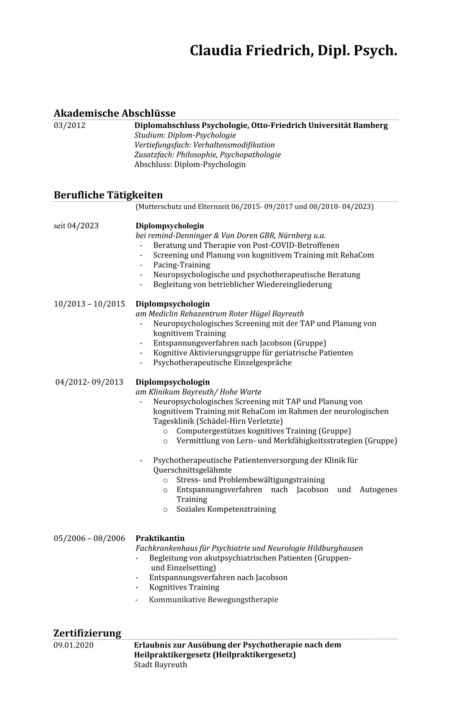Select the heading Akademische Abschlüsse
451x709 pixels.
point(115,113)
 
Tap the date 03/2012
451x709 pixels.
point(69,125)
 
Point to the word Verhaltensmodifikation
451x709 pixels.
point(234,145)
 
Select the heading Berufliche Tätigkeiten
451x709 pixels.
point(108,195)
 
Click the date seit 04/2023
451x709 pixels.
point(76,226)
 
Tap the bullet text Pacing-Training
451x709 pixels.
point(181,265)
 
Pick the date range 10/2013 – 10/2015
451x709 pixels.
point(89,304)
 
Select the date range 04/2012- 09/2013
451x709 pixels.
point(89,382)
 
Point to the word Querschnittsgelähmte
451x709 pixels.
point(192,470)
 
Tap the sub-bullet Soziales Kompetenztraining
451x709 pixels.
point(226,509)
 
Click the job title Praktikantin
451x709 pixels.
point(160,538)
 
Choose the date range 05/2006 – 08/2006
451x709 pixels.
point(89,538)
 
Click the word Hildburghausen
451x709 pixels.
point(335,548)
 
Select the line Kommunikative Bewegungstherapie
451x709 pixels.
point(213,600)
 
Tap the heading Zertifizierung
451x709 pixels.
point(87,633)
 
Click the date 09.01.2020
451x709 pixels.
point(73,645)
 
